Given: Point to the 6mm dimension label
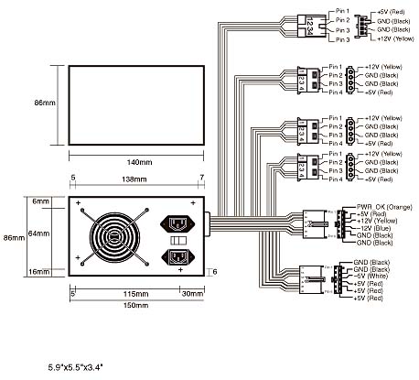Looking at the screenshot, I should click(39, 200).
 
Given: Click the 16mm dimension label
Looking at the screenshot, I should click(38, 272).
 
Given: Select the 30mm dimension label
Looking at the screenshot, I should click(193, 293).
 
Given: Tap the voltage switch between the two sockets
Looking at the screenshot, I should click(179, 240).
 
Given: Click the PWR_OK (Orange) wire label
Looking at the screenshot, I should click(374, 207).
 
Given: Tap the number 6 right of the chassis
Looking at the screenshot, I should click(214, 271).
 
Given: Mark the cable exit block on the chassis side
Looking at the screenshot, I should click(209, 220).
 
